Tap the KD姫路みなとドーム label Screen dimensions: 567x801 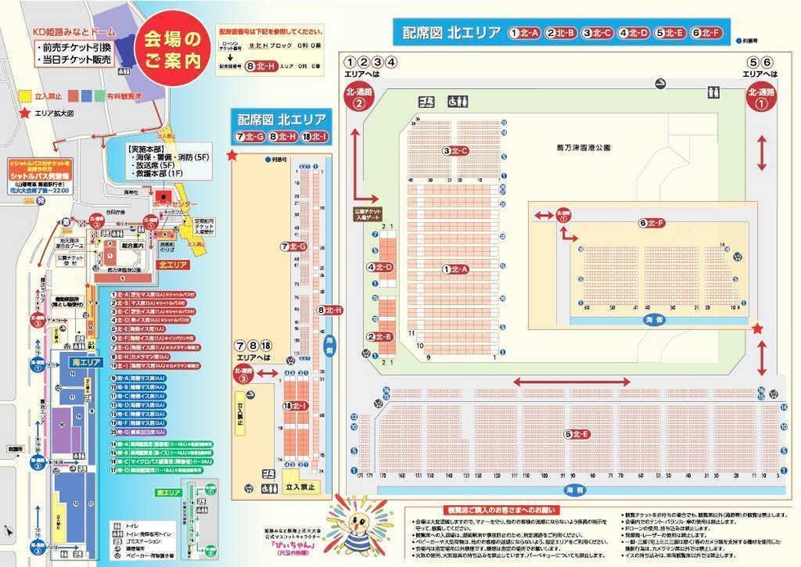pyautogui.click(x=72, y=33)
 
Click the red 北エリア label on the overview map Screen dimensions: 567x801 pyautogui.click(x=173, y=265)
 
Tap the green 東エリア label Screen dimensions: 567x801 pyautogui.click(x=168, y=493)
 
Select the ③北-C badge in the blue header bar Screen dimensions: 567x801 pyautogui.click(x=597, y=33)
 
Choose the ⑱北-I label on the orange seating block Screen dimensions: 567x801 pyautogui.click(x=295, y=405)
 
